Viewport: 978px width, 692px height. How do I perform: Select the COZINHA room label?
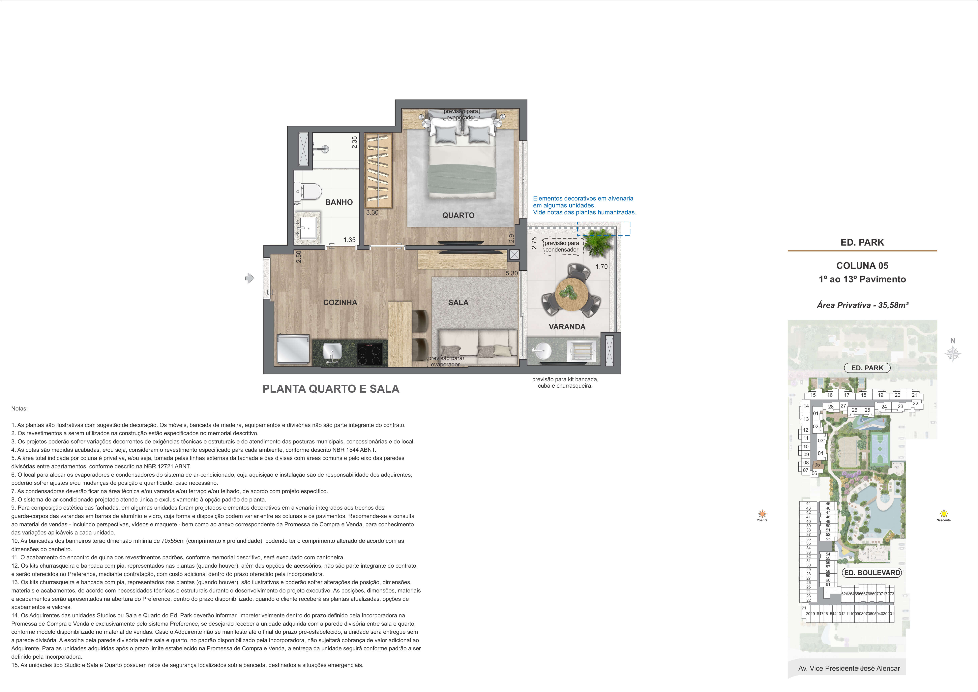pos(340,303)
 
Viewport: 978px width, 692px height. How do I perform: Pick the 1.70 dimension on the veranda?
pos(602,267)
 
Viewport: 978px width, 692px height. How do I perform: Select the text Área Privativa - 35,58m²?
pos(862,305)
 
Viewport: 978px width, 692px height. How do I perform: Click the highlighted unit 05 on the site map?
pos(817,465)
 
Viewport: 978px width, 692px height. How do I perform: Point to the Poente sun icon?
pos(762,514)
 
